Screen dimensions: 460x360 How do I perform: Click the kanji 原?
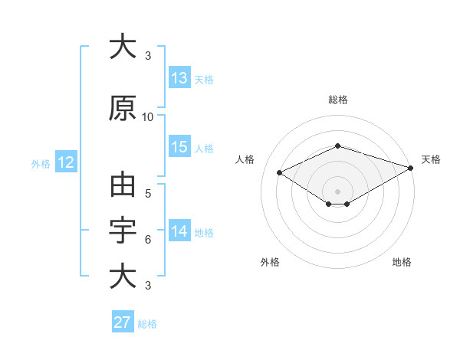pos(123,108)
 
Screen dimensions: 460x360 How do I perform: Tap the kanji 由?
pos(123,185)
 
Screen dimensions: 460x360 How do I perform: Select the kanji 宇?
pos(123,230)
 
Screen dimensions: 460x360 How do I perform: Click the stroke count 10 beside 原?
pos(147,117)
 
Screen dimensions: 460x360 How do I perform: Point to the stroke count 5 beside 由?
pos(148,194)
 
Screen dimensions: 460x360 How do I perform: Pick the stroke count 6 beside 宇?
pos(148,240)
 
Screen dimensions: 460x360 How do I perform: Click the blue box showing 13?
pos(179,77)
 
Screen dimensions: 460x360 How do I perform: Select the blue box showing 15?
pos(179,146)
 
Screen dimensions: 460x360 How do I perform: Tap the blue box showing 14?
pos(179,230)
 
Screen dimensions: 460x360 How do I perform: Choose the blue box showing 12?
pos(66,162)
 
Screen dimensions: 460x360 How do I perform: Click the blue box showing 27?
pos(123,321)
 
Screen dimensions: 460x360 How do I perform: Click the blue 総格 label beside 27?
pos(147,324)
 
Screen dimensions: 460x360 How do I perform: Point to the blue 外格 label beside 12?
pos(41,164)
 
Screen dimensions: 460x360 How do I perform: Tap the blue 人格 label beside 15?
pos(204,149)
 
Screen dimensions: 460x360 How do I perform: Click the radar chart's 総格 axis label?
pos(338,100)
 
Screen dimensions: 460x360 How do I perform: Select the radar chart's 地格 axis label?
pos(402,262)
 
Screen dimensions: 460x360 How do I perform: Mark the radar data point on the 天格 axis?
pos(411,168)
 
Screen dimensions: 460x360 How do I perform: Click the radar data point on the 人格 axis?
pos(280,172)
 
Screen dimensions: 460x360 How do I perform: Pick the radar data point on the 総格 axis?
pos(338,146)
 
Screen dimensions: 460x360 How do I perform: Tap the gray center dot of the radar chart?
pos(337,191)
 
